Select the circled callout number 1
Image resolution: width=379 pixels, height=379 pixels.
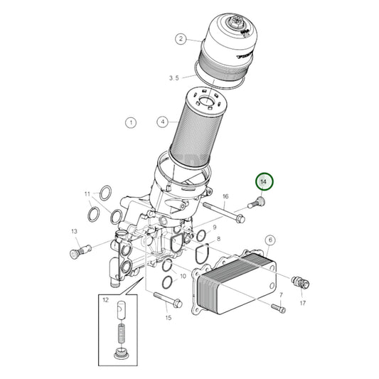pyautogui.click(x=131, y=122)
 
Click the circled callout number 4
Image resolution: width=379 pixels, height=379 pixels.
pyautogui.click(x=163, y=122)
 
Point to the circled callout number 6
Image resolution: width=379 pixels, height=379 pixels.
pyautogui.click(x=269, y=240)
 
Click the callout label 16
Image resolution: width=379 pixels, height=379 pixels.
pyautogui.click(x=225, y=196)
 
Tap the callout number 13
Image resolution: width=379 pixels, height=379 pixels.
pyautogui.click(x=74, y=232)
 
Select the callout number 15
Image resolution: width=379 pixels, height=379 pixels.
pyautogui.click(x=169, y=318)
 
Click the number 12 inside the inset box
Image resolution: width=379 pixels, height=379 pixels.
pyautogui.click(x=105, y=300)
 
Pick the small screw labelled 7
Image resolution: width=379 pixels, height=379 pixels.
pyautogui.click(x=278, y=308)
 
